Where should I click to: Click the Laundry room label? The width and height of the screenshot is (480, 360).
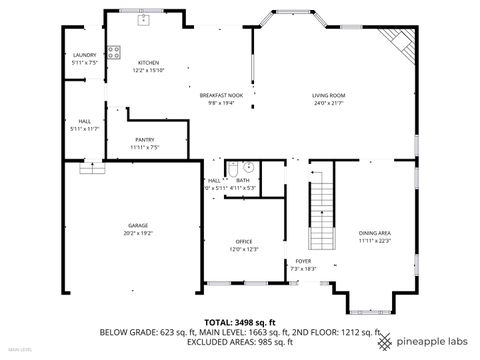pos(84,56)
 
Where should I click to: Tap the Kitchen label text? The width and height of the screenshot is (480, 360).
pos(147,62)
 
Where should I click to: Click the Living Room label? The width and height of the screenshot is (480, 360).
pos(327,95)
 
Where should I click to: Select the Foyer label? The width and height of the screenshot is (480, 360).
pos(302,260)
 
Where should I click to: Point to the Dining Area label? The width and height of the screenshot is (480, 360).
pos(374,233)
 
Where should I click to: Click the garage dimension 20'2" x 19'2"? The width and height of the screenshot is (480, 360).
pos(137,233)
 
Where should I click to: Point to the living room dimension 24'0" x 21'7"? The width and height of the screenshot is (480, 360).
pos(327,103)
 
